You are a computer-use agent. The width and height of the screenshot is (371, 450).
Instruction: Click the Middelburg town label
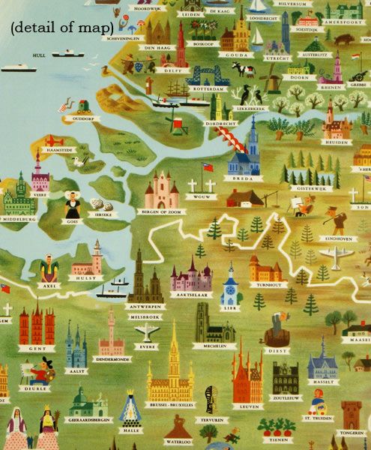(x=19, y=223)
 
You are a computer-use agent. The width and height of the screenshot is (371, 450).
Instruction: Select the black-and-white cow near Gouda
(x=242, y=70)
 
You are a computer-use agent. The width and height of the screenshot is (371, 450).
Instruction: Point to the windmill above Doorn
(x=269, y=73)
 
